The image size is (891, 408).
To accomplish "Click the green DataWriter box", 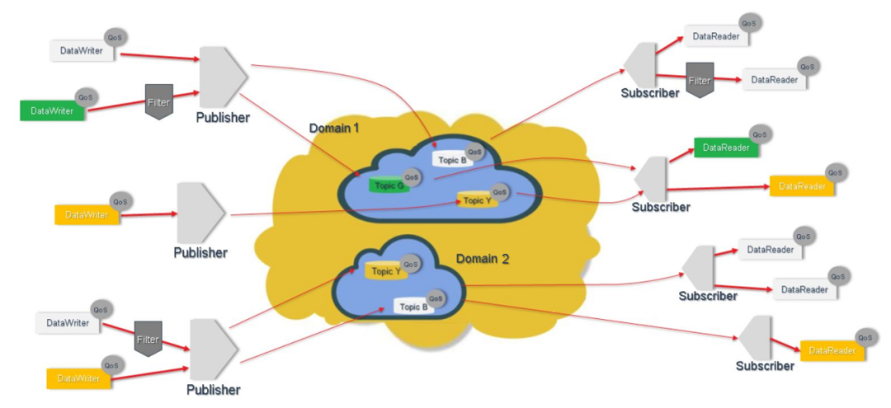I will tap(52, 110).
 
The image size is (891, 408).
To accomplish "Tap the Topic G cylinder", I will tap(389, 185).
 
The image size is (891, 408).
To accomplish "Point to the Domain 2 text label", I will tap(483, 259).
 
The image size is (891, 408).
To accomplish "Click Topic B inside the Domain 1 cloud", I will tap(450, 159).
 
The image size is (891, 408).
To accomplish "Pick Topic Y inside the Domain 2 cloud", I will tap(386, 271).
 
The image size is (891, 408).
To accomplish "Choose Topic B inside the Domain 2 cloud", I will tap(413, 306).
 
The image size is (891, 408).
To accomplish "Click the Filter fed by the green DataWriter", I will tap(158, 101).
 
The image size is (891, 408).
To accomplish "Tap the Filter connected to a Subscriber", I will tap(699, 81).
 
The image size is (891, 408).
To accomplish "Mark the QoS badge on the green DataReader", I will tap(761, 134).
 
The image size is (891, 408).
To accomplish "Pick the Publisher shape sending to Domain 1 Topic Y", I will tap(200, 213).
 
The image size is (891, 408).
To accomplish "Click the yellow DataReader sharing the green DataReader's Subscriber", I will tap(801, 187).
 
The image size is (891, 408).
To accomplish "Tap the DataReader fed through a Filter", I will tap(773, 80).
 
